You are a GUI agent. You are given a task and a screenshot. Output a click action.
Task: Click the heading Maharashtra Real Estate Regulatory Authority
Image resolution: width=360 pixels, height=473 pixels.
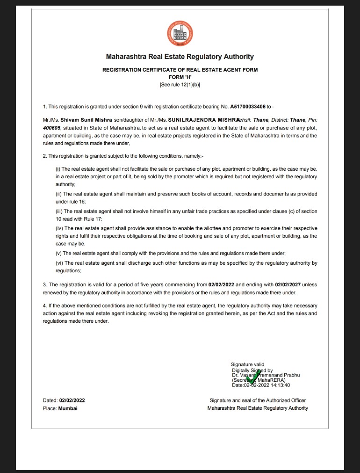tap(180, 57)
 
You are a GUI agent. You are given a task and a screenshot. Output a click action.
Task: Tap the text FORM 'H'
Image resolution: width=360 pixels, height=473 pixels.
tap(180, 77)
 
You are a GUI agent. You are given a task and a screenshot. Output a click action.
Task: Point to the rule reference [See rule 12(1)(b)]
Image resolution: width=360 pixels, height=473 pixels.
tap(180, 85)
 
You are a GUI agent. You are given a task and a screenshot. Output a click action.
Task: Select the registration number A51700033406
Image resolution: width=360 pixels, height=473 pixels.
tap(248, 107)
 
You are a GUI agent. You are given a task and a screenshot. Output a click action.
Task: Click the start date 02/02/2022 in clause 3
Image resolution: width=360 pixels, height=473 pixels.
tap(221, 284)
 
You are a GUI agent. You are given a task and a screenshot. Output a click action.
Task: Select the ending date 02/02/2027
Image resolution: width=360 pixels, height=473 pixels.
tap(288, 284)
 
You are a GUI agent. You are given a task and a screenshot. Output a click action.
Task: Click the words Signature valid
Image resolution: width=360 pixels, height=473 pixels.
tap(247, 364)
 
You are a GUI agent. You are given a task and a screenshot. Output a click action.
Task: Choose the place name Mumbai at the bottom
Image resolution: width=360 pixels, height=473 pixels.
tap(68, 408)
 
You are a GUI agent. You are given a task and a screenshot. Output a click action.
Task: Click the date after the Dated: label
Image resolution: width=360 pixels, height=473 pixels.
tap(72, 400)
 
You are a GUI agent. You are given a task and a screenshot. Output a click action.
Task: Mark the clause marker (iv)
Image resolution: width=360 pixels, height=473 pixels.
tap(59, 228)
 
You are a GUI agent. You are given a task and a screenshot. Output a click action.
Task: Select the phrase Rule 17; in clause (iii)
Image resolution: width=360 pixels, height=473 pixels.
tap(92, 219)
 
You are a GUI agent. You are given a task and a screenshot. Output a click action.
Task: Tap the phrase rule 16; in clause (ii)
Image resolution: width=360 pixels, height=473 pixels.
tap(82, 202)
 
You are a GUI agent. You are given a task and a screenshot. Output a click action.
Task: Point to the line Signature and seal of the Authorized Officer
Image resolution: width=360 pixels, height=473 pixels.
tap(258, 400)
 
